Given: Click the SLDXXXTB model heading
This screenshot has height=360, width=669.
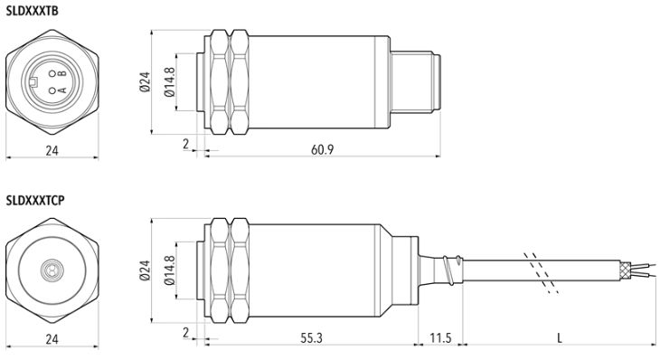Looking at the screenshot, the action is point(32,11).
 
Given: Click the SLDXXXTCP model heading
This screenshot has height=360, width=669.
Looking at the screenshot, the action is point(35,200).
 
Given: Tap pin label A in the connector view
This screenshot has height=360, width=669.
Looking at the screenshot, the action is point(62,90).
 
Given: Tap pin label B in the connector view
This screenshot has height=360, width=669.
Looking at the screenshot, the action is point(62,73).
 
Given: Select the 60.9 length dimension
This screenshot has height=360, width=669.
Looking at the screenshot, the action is point(322,149).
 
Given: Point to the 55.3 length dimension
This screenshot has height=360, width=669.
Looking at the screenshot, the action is point(312,338).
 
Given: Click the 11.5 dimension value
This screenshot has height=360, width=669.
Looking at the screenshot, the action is point(440,338).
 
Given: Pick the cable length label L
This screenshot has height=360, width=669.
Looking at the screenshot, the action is point(560,338).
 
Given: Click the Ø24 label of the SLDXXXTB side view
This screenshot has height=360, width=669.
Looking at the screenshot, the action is point(145,81).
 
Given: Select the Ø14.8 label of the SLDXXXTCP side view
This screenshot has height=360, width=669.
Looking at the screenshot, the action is point(169,270).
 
